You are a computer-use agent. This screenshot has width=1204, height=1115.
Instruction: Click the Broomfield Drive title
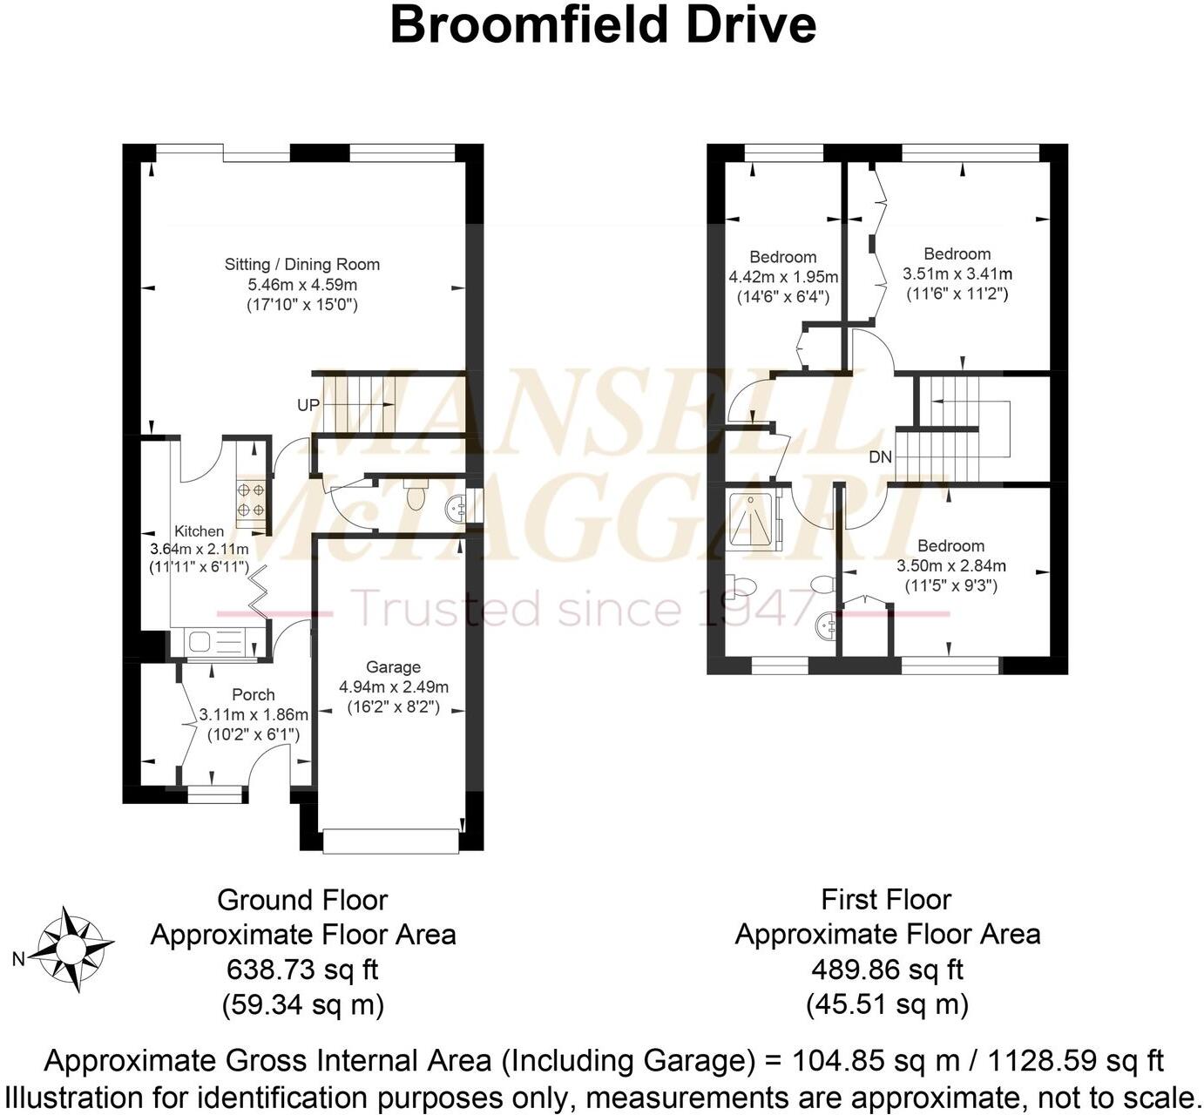(x=602, y=25)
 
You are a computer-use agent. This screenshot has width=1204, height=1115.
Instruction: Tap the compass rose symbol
(x=75, y=949)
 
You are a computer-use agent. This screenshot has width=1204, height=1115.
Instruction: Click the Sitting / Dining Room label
(x=302, y=264)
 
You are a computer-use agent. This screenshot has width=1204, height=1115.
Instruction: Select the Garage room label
(x=393, y=666)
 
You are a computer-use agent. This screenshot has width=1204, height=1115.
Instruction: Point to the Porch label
(x=253, y=694)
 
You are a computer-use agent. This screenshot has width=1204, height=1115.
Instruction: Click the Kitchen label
(x=200, y=530)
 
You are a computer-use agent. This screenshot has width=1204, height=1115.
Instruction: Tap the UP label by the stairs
(x=308, y=405)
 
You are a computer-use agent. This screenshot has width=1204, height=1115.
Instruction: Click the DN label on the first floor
(x=880, y=457)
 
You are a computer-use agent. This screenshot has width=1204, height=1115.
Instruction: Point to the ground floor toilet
(x=416, y=497)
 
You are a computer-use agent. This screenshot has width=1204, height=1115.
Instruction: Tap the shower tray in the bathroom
(x=750, y=518)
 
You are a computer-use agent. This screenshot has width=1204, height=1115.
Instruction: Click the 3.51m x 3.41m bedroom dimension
(x=957, y=274)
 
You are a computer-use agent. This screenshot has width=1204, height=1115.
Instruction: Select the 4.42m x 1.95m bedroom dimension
(x=783, y=277)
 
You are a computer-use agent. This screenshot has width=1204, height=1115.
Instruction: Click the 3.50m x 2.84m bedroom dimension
(x=950, y=565)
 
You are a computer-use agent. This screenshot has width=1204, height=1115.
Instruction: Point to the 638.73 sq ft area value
(x=302, y=970)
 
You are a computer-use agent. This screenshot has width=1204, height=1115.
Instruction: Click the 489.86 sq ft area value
(x=887, y=970)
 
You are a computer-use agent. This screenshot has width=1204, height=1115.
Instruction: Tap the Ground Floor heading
(x=302, y=899)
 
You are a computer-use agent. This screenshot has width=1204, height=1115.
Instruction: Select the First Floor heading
(x=887, y=899)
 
